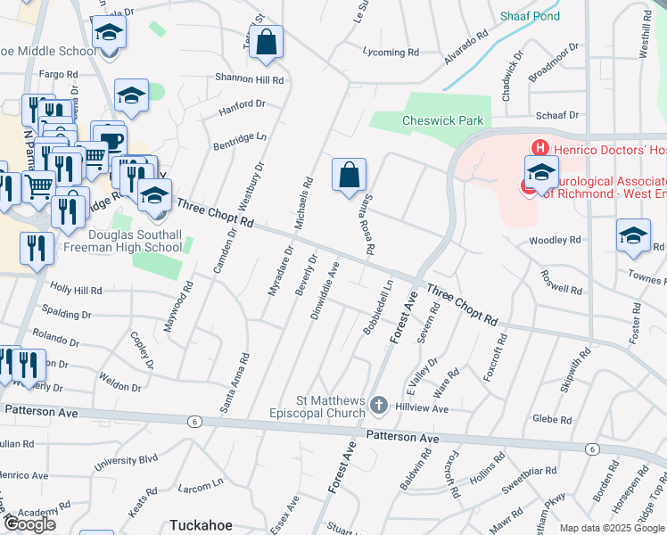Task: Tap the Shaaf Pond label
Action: [530, 17]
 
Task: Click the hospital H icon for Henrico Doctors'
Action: [539, 148]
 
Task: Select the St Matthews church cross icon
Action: [378, 406]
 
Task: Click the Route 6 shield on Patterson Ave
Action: [193, 420]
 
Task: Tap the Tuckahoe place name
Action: [201, 525]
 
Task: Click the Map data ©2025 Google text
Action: [612, 528]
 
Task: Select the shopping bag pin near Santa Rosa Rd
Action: [350, 174]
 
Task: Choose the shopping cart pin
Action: [37, 187]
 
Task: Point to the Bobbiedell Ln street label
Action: [378, 307]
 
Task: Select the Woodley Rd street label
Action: [555, 241]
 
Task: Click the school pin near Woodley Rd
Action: [633, 236]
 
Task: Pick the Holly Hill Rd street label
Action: [76, 290]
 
